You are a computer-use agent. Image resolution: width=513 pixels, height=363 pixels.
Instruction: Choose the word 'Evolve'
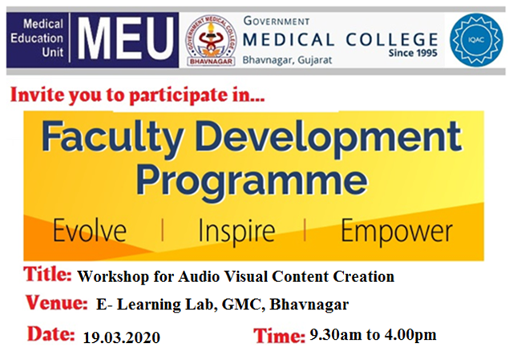(x=89, y=232)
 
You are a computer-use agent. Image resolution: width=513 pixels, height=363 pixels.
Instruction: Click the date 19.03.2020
(x=121, y=337)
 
